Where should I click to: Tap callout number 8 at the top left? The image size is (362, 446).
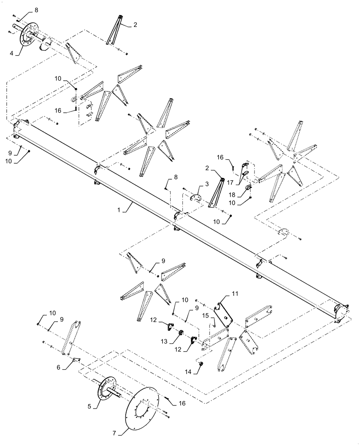click(36, 9)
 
